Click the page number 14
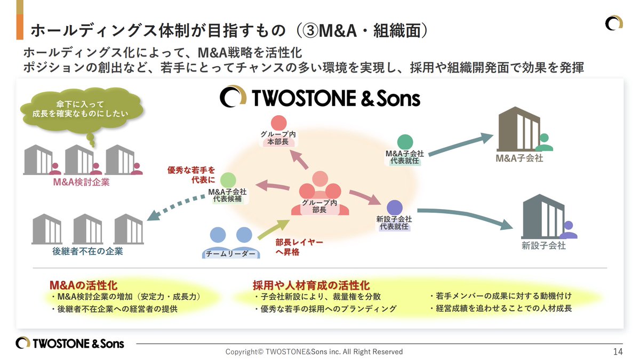tap(618, 351)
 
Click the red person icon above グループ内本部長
tap(278, 123)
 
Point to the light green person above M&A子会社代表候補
tap(228, 180)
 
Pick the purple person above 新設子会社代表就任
tap(394, 207)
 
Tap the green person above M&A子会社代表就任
tap(405, 142)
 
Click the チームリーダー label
tap(230, 254)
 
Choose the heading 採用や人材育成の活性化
tap(311, 285)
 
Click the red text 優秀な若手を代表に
tap(191, 175)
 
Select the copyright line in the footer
tap(314, 351)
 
